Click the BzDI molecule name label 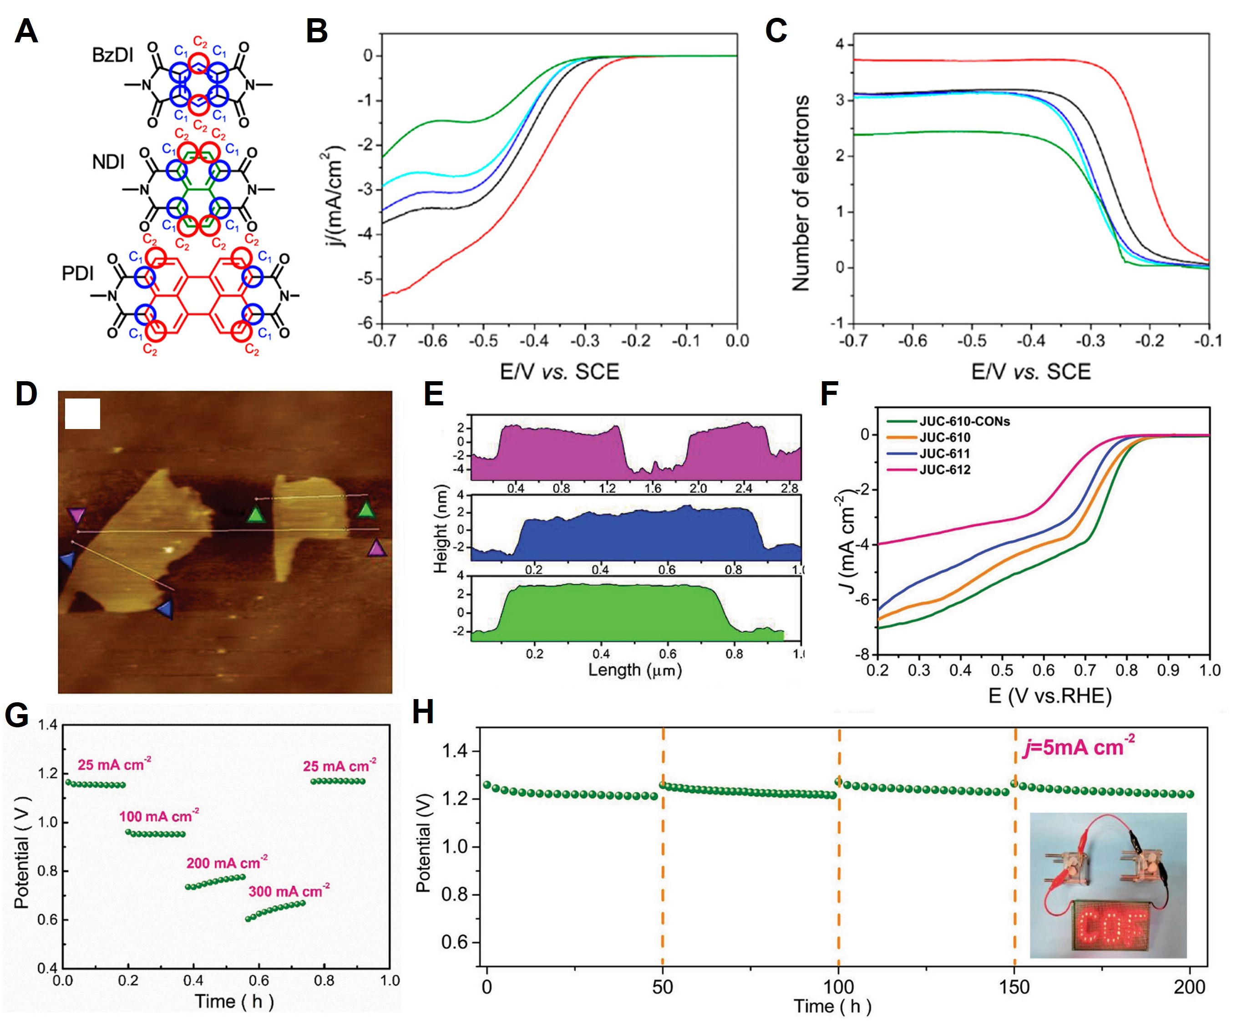[x=112, y=56]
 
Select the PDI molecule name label [x=78, y=274]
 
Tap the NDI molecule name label [x=108, y=161]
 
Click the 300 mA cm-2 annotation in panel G [x=288, y=891]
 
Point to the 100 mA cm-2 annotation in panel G [x=159, y=816]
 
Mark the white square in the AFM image [x=82, y=414]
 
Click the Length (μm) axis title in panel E [x=635, y=670]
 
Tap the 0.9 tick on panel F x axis [x=1168, y=670]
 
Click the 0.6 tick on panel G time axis [x=258, y=980]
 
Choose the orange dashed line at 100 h [x=839, y=853]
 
